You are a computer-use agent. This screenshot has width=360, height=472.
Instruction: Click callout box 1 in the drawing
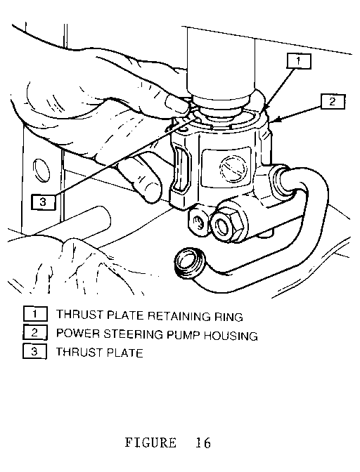[298, 61]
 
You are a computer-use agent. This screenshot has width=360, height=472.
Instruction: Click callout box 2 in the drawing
[333, 101]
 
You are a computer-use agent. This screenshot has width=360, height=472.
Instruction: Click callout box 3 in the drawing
[44, 202]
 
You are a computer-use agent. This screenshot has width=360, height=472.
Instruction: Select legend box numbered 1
[35, 314]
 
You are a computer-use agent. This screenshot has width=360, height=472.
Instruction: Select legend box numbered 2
[35, 333]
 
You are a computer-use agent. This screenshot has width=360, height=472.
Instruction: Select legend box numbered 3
[35, 351]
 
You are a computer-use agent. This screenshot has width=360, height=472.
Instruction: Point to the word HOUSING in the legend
[231, 335]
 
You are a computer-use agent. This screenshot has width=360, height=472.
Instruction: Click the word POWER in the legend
[78, 334]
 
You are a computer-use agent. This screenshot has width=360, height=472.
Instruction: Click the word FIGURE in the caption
[150, 442]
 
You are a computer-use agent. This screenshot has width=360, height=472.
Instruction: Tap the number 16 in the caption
[203, 442]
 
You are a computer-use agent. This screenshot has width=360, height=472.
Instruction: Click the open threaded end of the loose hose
[190, 263]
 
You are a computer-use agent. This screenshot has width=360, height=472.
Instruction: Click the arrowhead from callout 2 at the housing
[275, 120]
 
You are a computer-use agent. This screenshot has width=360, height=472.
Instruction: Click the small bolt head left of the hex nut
[198, 223]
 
